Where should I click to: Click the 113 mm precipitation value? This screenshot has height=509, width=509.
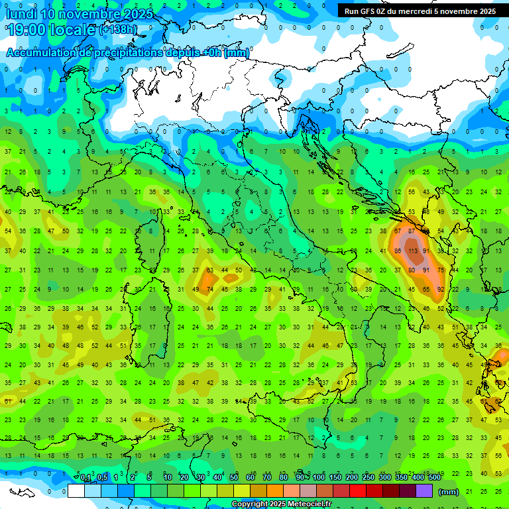412,252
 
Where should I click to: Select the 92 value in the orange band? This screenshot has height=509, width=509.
441,290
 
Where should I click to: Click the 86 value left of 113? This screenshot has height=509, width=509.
398,252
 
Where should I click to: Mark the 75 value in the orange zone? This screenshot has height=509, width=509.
441,270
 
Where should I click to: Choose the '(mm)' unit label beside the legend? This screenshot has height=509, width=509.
449,492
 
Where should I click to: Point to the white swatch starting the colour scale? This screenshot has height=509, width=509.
76,491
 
